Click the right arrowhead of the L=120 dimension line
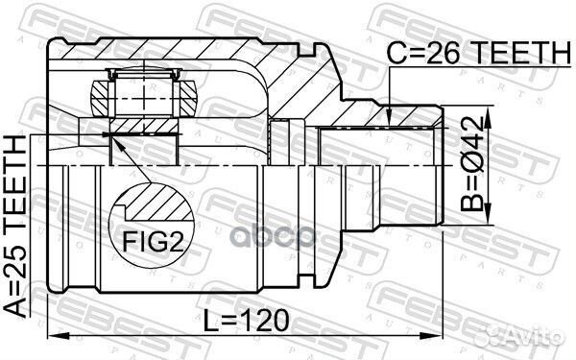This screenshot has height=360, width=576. (x=437, y=335)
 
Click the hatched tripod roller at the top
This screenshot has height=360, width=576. (x=145, y=96)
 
